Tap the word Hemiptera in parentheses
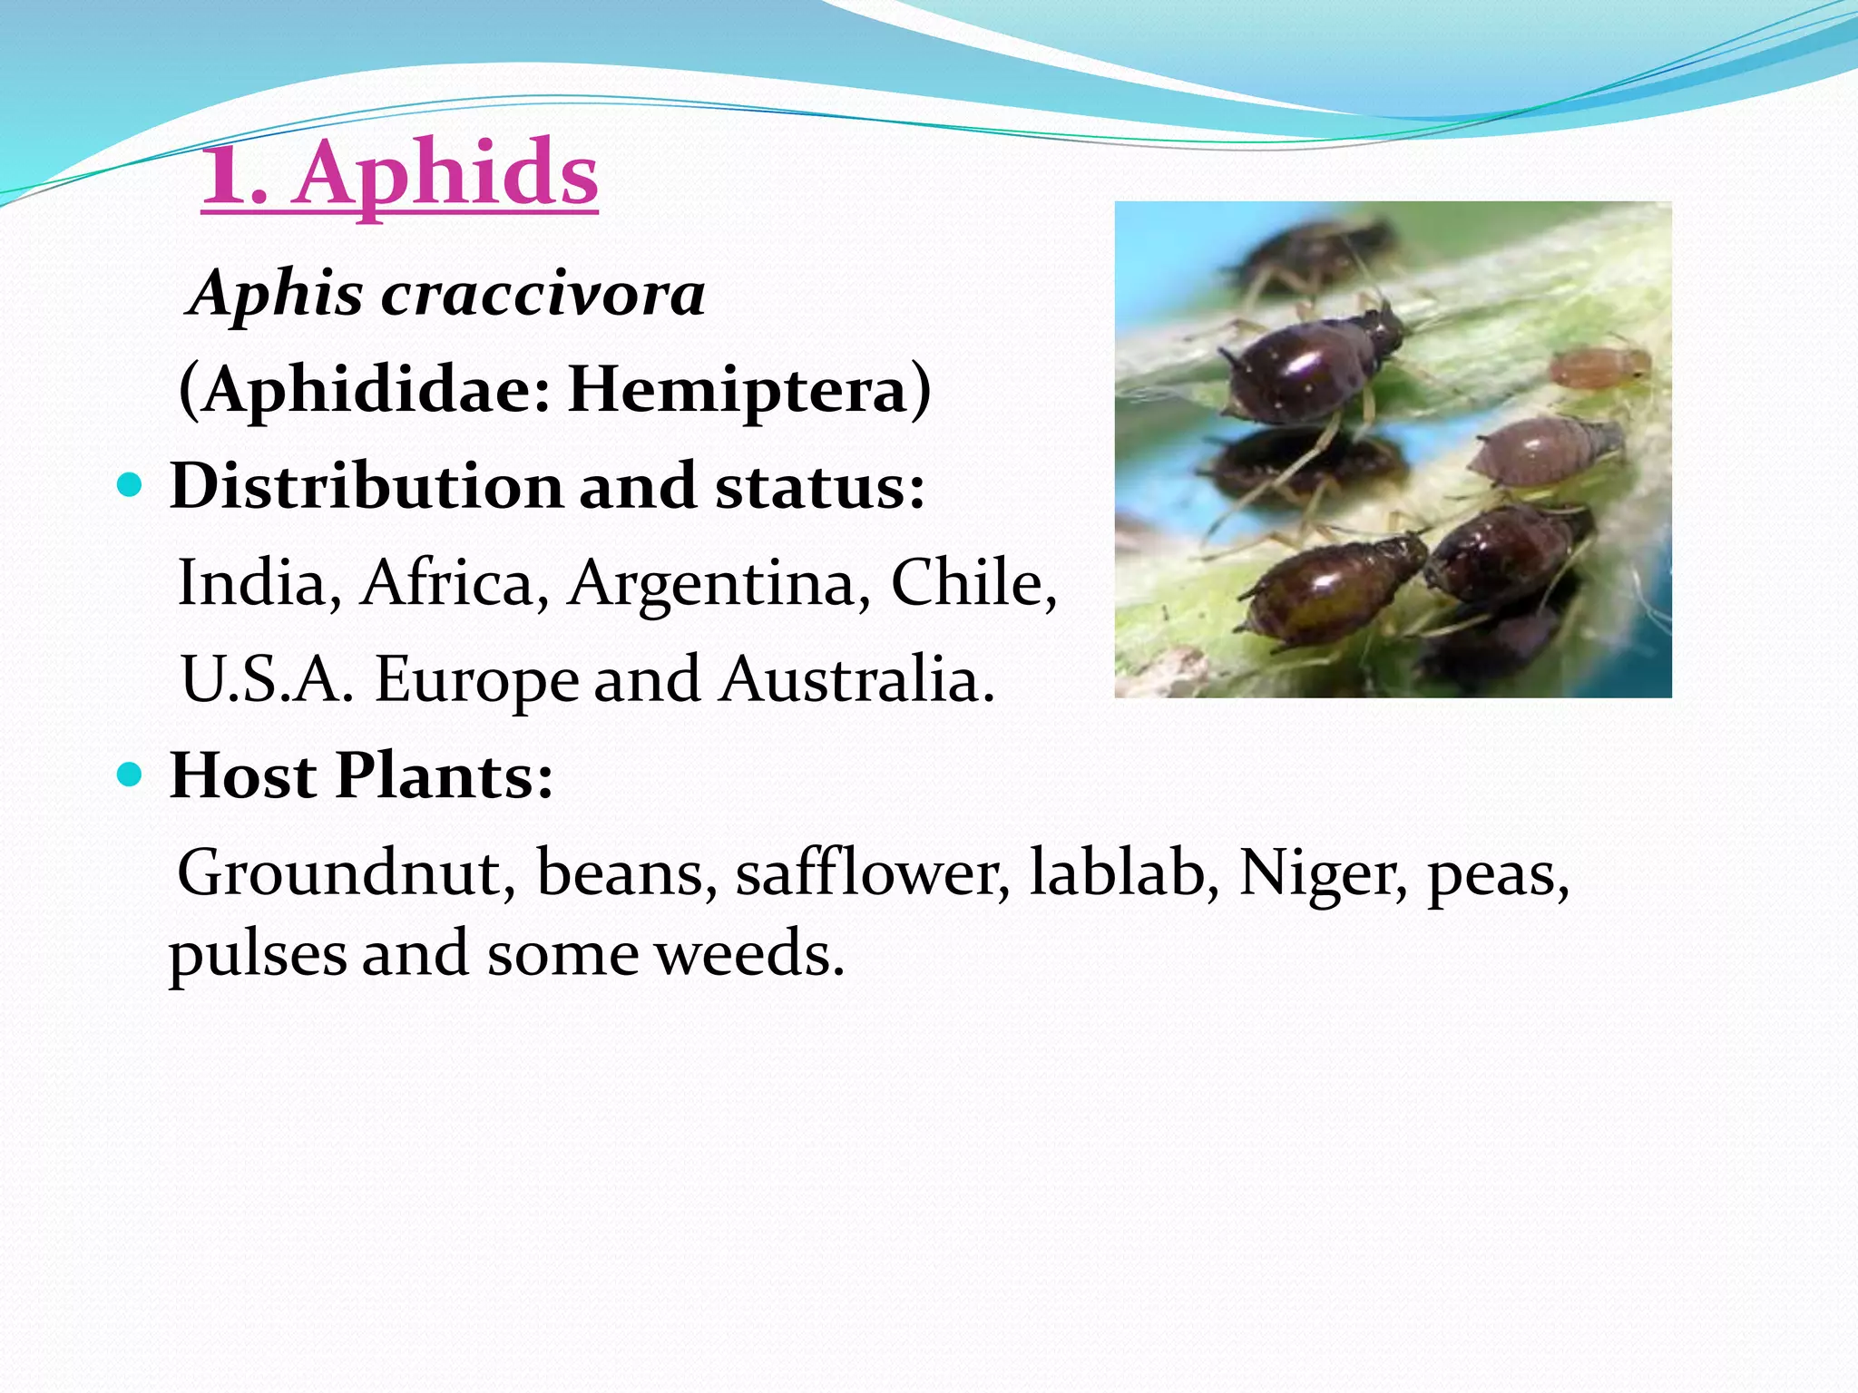click(x=737, y=390)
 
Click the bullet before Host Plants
click(x=131, y=775)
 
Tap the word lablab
click(x=1124, y=872)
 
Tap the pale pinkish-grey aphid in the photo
click(x=1542, y=451)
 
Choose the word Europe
click(x=477, y=679)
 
